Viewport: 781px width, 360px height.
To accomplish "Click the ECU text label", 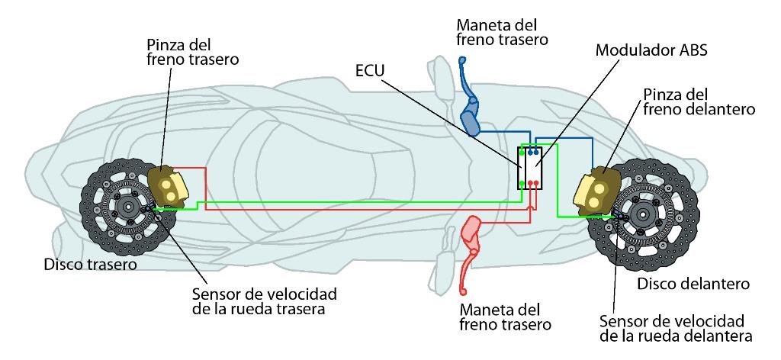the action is pyautogui.click(x=370, y=71).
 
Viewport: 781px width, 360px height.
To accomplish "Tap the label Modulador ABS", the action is pyautogui.click(x=651, y=50).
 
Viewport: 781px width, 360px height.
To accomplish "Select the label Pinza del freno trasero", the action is pyautogui.click(x=193, y=52).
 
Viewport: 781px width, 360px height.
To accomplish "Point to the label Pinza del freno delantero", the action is pyautogui.click(x=699, y=101).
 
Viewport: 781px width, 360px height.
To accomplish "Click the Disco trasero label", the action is pyautogui.click(x=90, y=265).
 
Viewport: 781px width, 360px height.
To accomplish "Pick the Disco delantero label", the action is pyautogui.click(x=693, y=284).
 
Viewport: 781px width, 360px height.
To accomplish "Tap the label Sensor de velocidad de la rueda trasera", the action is pyautogui.click(x=264, y=301).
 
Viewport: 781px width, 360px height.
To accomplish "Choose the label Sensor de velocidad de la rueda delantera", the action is pyautogui.click(x=676, y=328).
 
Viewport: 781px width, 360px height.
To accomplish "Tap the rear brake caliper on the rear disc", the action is pyautogui.click(x=169, y=187).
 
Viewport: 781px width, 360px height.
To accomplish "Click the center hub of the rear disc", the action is pyautogui.click(x=128, y=207).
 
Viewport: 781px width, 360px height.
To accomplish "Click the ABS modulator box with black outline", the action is pyautogui.click(x=529, y=168).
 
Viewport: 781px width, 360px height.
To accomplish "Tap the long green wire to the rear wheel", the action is pyautogui.click(x=349, y=202).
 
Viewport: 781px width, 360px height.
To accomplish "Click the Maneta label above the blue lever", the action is pyautogui.click(x=502, y=32).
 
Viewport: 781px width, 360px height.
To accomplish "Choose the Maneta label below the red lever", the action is pyautogui.click(x=505, y=317).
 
